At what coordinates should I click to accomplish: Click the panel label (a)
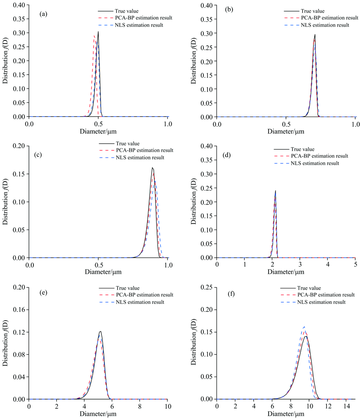[x=43, y=14]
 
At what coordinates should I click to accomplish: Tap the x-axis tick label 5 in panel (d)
[x=355, y=265]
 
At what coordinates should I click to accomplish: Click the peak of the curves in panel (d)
[x=275, y=191]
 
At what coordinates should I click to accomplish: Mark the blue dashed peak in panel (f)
[x=304, y=327]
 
